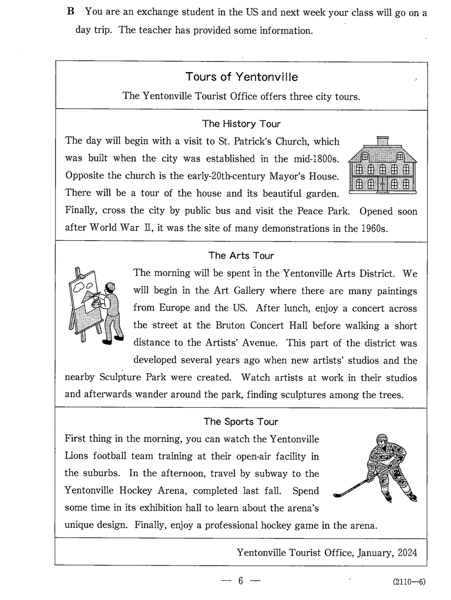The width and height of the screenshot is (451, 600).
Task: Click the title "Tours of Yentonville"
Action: [242, 77]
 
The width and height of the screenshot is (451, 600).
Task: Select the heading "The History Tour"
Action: [241, 124]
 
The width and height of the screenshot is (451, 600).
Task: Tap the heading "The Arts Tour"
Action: [241, 255]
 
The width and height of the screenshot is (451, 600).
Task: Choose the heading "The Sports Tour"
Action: [241, 422]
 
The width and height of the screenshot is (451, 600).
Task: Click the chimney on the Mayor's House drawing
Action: [382, 140]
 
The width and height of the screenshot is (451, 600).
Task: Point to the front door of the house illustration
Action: [382, 185]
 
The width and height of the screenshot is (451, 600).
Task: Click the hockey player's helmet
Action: [381, 440]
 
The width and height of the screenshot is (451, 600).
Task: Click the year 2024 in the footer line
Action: [407, 552]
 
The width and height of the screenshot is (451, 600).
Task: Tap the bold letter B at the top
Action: [71, 12]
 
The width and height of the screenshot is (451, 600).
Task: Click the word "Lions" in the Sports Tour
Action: [76, 457]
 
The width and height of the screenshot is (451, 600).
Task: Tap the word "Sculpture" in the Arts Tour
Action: [120, 378]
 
